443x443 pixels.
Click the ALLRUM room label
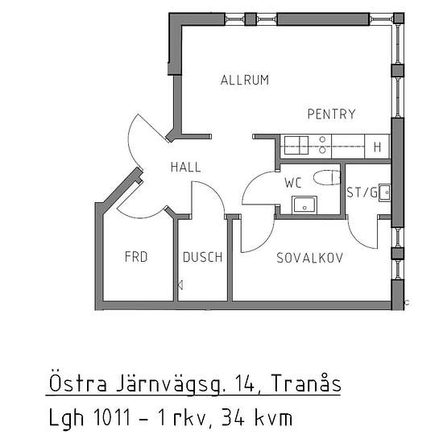click(245, 80)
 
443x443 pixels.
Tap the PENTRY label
click(331, 114)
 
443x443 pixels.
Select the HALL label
click(186, 167)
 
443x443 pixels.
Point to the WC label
click(293, 183)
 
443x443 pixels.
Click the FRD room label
click(136, 257)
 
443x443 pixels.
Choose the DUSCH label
click(202, 257)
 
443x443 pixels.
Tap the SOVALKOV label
click(309, 258)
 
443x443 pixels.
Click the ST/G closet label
click(362, 193)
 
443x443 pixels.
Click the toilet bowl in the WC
click(327, 178)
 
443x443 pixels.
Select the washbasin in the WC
click(304, 205)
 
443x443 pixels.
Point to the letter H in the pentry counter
click(377, 147)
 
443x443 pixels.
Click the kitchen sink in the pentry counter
click(296, 145)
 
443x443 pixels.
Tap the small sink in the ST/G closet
click(384, 193)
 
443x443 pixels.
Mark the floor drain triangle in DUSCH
click(180, 285)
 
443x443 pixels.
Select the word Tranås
click(306, 383)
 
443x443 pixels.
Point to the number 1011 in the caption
click(112, 417)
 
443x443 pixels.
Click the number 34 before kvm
click(233, 417)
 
